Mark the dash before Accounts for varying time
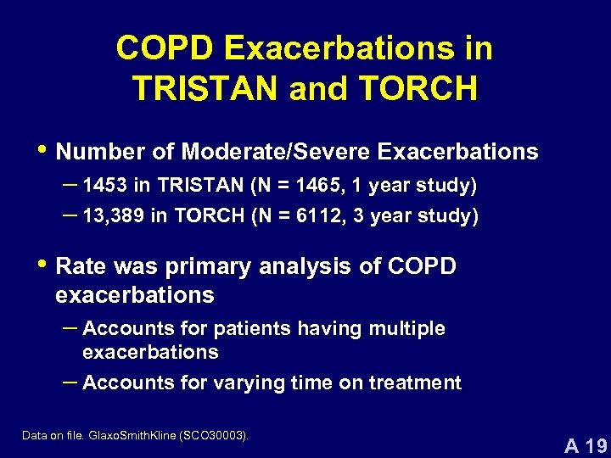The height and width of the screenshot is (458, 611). pos(69,382)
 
